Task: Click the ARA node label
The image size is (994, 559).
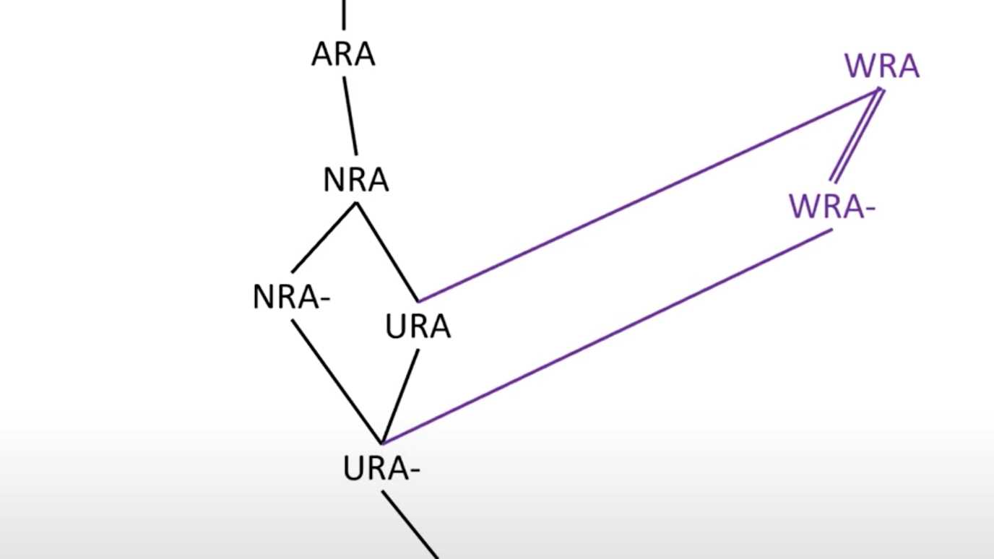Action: click(343, 55)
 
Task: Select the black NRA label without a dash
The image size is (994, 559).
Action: click(356, 180)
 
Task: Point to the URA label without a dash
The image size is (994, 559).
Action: click(418, 327)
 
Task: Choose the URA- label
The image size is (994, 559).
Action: click(381, 469)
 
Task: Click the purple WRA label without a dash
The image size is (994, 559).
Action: click(882, 67)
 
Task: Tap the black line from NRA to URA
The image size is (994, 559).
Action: click(387, 251)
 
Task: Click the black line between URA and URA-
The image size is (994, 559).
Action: click(400, 396)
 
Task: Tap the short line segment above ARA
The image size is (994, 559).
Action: click(344, 14)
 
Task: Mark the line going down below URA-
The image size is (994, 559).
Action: click(410, 524)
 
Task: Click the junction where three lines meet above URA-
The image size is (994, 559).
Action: click(382, 442)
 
